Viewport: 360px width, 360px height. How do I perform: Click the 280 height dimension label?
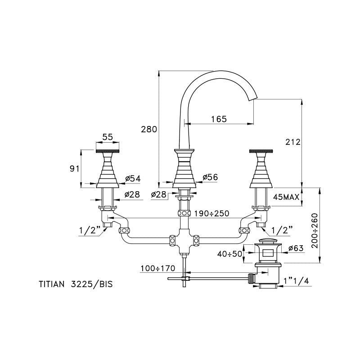149,129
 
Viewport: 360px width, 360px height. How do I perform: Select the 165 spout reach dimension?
218,119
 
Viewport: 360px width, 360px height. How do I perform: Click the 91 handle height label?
75,168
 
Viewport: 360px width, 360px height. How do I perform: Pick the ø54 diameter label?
133,179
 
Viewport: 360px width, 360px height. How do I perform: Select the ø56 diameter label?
210,178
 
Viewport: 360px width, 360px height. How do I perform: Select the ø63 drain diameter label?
296,247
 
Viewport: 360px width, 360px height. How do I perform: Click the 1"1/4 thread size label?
296,282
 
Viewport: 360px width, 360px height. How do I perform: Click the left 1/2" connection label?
89,231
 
